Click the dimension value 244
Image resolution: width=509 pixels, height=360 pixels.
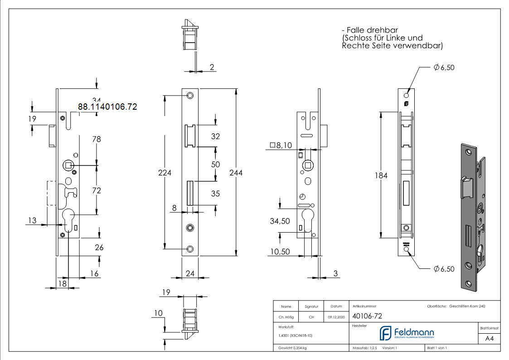pos(236,173)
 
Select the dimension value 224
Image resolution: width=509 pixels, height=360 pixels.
pos(164,173)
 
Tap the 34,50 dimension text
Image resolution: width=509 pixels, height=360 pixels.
pos(280,221)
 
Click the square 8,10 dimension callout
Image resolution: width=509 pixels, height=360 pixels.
pos(281,145)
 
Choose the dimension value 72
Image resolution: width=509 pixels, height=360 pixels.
pos(97,190)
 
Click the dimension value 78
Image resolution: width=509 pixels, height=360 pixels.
pos(97,139)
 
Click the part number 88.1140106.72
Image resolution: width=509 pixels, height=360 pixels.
pos(107,107)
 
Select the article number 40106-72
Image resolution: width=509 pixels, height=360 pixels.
pos(368,317)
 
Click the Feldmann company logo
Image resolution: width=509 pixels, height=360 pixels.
pos(406,333)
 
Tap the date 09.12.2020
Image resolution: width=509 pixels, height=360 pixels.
pos(335,317)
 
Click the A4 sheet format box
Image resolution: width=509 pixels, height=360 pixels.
pos(489,339)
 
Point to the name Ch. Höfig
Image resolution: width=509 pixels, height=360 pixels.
pos(286,317)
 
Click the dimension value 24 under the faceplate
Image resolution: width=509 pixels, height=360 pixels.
pos(190,273)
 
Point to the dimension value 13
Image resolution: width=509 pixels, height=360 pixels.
pos(32,220)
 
